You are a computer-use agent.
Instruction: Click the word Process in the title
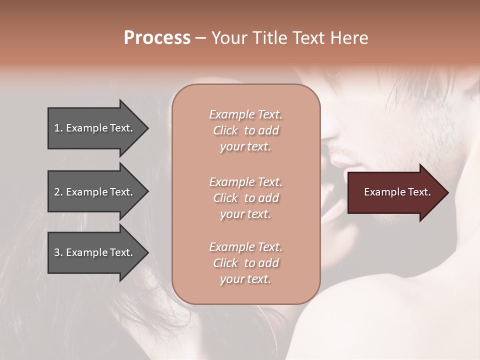click(x=157, y=38)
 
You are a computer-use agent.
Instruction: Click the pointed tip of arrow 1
click(x=147, y=128)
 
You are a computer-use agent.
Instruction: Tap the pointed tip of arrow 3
click(x=147, y=252)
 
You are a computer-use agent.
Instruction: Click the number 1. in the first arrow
click(x=58, y=128)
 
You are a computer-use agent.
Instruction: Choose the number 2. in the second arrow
click(x=58, y=192)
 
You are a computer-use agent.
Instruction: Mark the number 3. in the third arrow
click(x=58, y=252)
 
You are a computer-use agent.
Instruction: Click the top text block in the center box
click(x=245, y=130)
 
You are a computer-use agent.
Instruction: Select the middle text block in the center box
click(x=245, y=198)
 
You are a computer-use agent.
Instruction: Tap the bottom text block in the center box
click(x=245, y=263)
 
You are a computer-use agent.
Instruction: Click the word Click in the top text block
click(x=225, y=131)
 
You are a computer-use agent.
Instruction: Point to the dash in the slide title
click(x=200, y=38)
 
